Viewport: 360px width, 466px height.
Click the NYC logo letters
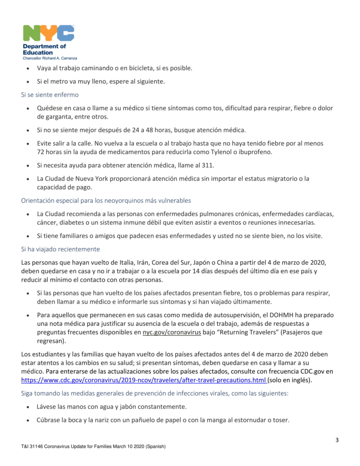coord(48,34)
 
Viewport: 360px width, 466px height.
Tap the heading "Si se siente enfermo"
coord(50,95)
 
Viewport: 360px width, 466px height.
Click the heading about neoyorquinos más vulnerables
coord(106,200)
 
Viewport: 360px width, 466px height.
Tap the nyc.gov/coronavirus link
coord(172,332)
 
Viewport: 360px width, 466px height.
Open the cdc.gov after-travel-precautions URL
coord(144,380)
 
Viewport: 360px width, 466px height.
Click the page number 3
coord(337,440)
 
